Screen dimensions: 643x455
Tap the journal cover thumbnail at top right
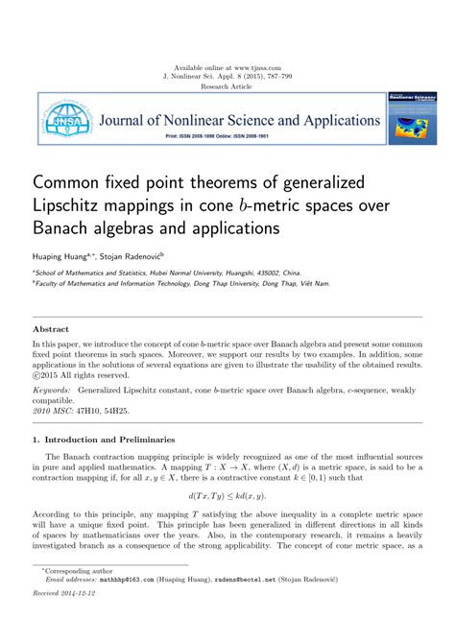(x=411, y=119)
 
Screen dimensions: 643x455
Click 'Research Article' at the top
(x=227, y=86)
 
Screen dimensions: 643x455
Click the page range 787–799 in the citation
(x=291, y=77)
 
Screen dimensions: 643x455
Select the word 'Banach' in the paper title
(x=63, y=229)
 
